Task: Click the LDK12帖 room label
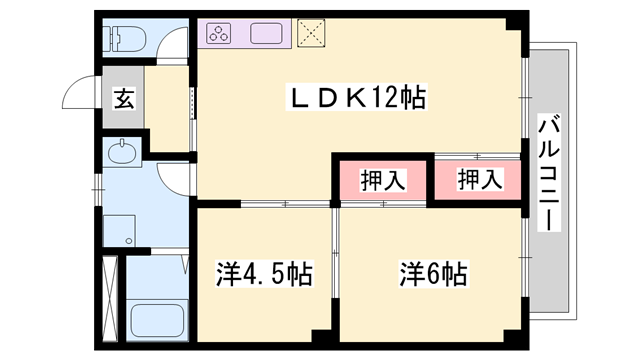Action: point(357,97)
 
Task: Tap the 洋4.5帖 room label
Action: point(264,273)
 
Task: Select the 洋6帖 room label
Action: point(433,273)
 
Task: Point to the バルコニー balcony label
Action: point(549,173)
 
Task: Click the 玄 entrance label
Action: point(124,98)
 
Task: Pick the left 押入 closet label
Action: point(382,180)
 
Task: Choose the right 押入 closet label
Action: point(480,179)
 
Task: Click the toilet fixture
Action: point(124,38)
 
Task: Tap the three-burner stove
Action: point(219,33)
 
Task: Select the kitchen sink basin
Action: point(266,33)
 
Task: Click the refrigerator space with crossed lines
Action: point(311,33)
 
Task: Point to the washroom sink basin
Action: point(122,153)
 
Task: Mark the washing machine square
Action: point(119,231)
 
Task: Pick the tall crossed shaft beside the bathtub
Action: point(110,298)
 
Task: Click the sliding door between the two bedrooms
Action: point(335,253)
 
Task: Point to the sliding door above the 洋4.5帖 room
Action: point(285,203)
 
